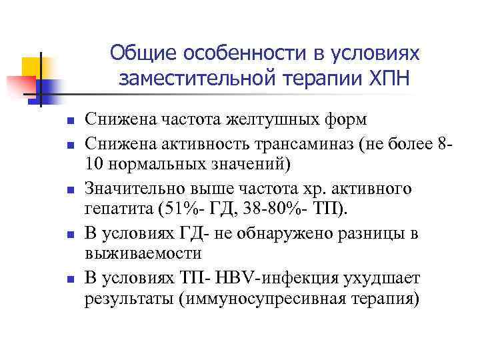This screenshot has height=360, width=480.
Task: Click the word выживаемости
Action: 142,253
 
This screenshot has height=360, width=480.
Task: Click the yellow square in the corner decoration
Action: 32,66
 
